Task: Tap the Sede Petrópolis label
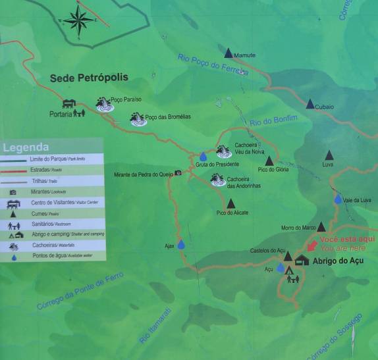click(89, 78)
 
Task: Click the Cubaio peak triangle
click(310, 103)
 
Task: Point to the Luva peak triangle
click(329, 155)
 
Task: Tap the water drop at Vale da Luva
click(338, 199)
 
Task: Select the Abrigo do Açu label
click(338, 261)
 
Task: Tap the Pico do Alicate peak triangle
click(230, 203)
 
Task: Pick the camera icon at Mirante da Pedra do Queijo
click(178, 173)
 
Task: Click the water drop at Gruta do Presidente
click(203, 157)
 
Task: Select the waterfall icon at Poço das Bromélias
click(138, 119)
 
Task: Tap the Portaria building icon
click(68, 103)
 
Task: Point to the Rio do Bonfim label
click(274, 120)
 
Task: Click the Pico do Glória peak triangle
click(269, 161)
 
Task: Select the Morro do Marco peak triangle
click(321, 226)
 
